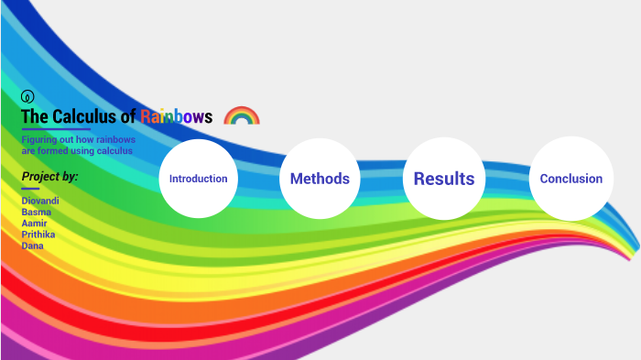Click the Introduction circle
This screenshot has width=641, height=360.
tap(199, 179)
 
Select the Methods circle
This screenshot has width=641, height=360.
tap(320, 179)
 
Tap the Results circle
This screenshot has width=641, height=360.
tap(444, 179)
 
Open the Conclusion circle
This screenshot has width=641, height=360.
tap(570, 179)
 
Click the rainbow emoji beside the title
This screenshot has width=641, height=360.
tap(242, 116)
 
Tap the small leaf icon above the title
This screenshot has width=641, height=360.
tap(27, 96)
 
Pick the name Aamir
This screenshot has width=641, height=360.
tap(34, 224)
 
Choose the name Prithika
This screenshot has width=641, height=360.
tap(38, 235)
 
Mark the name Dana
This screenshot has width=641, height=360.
tap(32, 245)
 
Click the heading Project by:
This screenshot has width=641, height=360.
tap(49, 176)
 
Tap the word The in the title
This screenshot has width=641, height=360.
tap(33, 116)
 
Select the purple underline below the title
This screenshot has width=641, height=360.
tap(56, 130)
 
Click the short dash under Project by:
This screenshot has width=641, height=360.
tap(30, 190)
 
